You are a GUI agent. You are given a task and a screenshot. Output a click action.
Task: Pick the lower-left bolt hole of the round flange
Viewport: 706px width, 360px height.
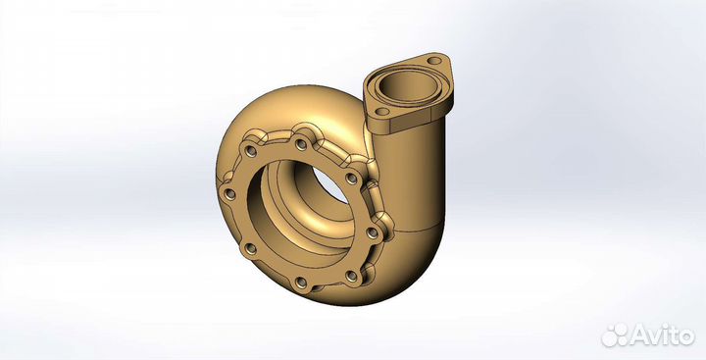coord(246,248)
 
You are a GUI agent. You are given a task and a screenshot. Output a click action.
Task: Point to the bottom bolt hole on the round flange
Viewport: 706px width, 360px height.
coord(301,284)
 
